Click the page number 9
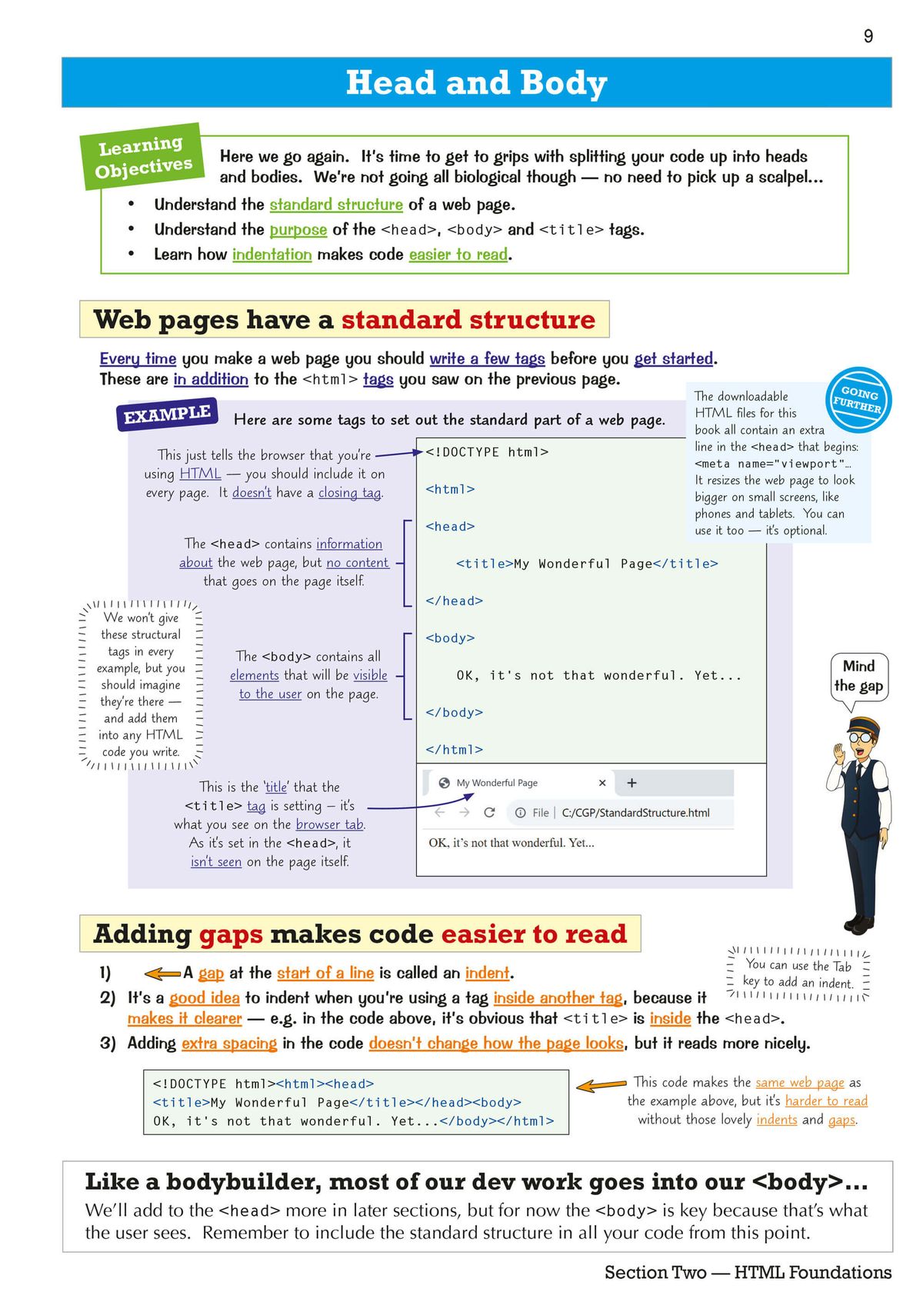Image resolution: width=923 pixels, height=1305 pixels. coord(868,36)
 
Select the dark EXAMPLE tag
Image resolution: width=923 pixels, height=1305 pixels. coord(167,414)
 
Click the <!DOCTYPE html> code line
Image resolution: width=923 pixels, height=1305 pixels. coord(487,452)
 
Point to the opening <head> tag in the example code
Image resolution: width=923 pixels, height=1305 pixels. coord(450,527)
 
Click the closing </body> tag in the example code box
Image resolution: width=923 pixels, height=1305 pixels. coord(454,713)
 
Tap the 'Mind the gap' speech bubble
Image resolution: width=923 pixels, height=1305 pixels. coord(859,676)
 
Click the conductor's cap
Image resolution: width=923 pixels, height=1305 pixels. coord(864,726)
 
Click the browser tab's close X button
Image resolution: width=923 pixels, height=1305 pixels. coord(602,783)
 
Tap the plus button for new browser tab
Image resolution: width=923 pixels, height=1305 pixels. coord(631,783)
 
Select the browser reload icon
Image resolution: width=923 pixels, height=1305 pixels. coord(489,813)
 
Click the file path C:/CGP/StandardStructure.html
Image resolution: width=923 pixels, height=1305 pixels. coord(635,813)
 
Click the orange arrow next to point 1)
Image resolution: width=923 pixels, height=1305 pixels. coord(162,974)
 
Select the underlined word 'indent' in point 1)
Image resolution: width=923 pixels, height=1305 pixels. coord(487,973)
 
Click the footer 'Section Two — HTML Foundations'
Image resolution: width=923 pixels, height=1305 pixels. coord(748,1273)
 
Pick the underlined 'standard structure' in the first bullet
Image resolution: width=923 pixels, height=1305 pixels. coord(336,205)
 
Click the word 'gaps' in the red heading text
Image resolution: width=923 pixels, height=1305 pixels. coord(231,934)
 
